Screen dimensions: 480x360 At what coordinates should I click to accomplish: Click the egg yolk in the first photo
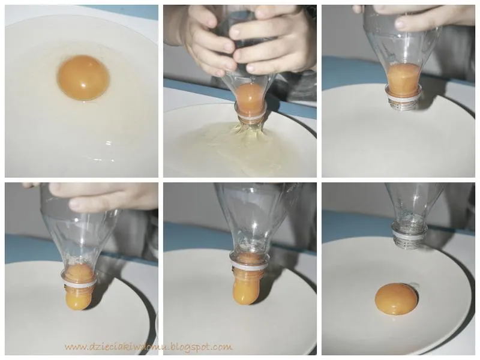click(83, 78)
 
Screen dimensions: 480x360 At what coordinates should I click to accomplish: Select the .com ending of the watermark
click(223, 347)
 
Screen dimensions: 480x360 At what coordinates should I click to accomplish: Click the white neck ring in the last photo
click(410, 235)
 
